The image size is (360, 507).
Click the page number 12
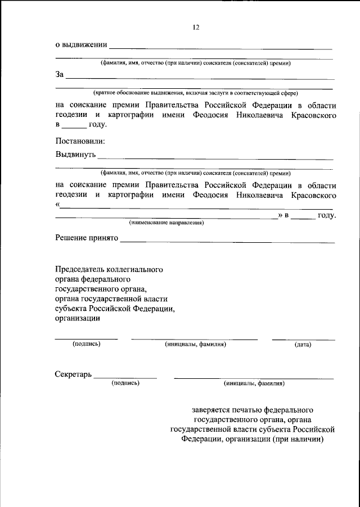tap(196, 27)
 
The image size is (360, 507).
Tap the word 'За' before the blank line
tap(60, 74)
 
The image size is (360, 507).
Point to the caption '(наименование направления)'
tap(166, 223)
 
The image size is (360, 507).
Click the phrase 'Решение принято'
tap(86, 238)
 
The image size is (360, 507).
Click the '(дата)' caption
tap(303, 345)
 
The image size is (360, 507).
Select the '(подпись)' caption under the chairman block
tap(87, 344)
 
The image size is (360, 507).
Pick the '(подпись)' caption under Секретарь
tap(126, 383)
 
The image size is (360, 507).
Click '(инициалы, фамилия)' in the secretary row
tap(254, 384)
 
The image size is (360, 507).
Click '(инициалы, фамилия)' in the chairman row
tap(195, 345)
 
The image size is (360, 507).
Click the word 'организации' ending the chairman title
tap(78, 319)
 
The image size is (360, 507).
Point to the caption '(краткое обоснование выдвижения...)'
tap(196, 92)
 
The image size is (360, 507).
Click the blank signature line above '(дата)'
tap(303, 339)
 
